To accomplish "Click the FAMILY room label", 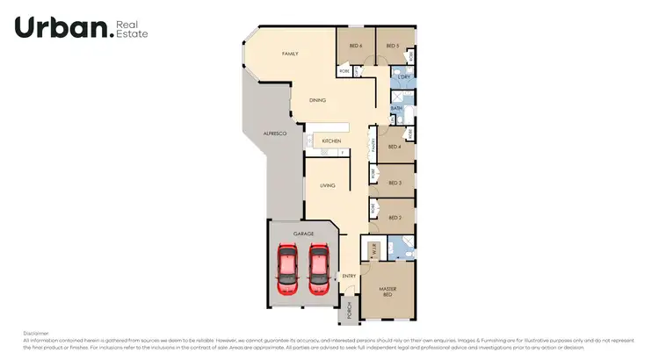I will click(x=290, y=54).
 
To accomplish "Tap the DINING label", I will click(x=317, y=100).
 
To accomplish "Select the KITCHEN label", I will click(x=331, y=140).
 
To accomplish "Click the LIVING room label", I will click(x=328, y=185).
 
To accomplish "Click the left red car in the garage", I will click(x=287, y=269).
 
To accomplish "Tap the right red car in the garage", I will click(x=317, y=269).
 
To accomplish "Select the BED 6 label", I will click(x=355, y=46).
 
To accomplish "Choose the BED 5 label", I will click(x=393, y=46).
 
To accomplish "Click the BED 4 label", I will click(x=395, y=147).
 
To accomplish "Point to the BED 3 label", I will click(x=395, y=183).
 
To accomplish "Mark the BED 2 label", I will click(x=395, y=218).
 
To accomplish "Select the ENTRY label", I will click(x=349, y=276).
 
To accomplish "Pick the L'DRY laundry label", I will click(x=404, y=77).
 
